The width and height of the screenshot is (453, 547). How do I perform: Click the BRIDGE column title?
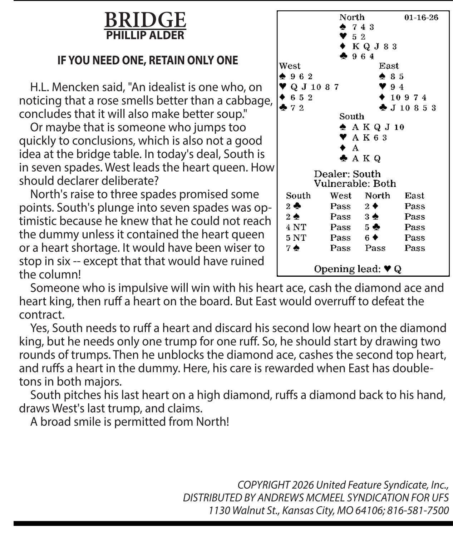(145, 20)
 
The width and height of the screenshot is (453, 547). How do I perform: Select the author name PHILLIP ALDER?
(145, 35)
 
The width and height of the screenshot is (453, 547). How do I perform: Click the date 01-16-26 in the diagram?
(421, 18)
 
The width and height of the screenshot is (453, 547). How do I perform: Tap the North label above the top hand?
(352, 17)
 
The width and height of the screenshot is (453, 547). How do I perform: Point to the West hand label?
(290, 66)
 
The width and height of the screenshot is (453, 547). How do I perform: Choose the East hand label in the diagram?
(389, 66)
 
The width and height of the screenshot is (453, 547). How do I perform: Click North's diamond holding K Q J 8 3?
(374, 46)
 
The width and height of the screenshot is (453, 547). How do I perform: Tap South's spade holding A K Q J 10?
(378, 127)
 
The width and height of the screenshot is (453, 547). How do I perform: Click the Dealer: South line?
(347, 174)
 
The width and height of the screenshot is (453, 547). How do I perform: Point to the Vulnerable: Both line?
(355, 184)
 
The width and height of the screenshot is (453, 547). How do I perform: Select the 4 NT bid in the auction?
(296, 227)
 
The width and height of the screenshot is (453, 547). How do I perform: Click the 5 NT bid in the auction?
(296, 238)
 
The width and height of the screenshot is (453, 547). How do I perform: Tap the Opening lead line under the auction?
(358, 269)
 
